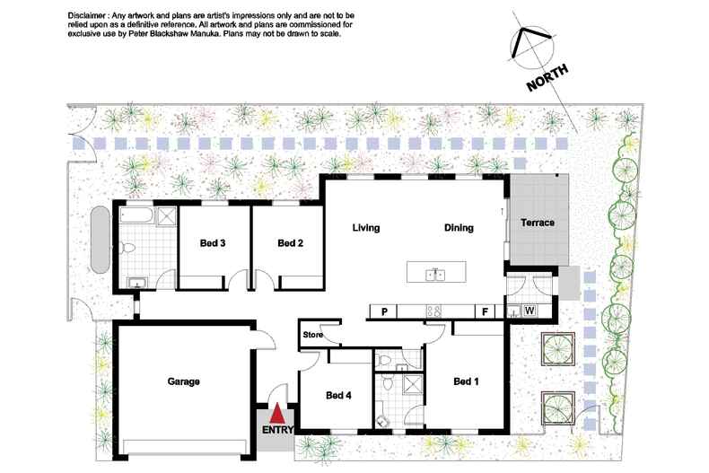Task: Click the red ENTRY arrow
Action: [277, 413]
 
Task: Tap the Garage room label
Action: [184, 381]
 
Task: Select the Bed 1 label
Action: [466, 381]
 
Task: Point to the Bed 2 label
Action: [290, 243]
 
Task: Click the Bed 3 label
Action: [213, 243]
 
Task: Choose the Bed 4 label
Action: [338, 396]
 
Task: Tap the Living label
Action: [366, 228]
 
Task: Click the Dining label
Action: [459, 228]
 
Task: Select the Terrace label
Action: [538, 223]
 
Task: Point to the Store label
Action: [313, 335]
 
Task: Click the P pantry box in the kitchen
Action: [384, 311]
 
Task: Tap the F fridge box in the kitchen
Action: [486, 311]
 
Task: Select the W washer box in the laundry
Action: [530, 311]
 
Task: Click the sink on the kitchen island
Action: [436, 274]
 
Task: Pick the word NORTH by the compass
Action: [547, 78]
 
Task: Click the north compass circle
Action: [532, 48]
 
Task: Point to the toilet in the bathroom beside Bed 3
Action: [128, 248]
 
